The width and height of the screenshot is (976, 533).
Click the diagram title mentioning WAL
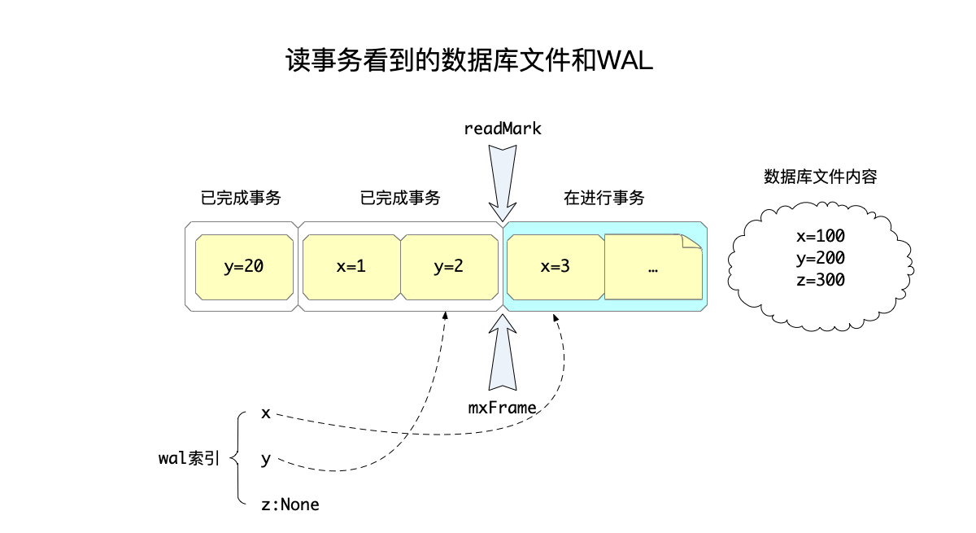coord(469,62)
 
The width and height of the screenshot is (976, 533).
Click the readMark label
coord(503,129)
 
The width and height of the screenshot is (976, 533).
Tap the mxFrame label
coord(503,407)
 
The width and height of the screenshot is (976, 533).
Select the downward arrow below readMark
coord(503,181)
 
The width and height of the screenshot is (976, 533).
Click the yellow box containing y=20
coord(244,266)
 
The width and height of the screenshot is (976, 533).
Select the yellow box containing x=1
coord(351,266)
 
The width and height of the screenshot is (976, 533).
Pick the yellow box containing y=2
coord(448,266)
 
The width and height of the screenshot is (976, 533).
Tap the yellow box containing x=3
coord(555,266)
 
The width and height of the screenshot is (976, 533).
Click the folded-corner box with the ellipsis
coord(652,266)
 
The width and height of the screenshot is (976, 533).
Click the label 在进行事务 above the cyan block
coord(603,198)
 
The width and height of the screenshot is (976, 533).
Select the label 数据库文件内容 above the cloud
coord(820,177)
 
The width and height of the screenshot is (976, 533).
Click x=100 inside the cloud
coord(820,237)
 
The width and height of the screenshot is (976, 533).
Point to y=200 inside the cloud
coord(820,259)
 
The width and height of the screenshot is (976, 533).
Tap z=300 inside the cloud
coord(820,280)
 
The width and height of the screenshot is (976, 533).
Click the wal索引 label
coord(188,458)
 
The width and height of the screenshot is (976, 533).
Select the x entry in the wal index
coord(265,413)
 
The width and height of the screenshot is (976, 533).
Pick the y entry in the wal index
coord(265,460)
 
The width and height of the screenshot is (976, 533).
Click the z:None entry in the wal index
coord(290,505)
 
